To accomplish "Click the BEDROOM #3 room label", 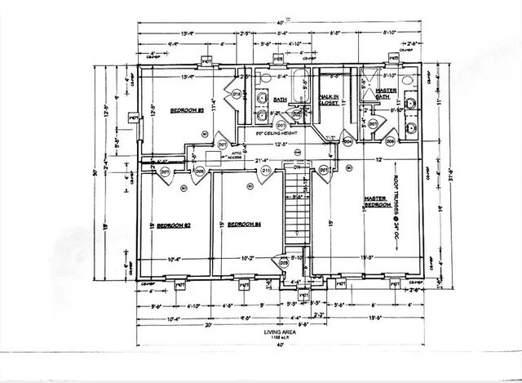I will (186, 109).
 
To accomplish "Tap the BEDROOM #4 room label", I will (243, 224).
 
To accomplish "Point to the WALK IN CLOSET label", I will (330, 100).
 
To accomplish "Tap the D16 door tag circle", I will (237, 95).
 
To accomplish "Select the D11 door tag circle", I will (265, 171).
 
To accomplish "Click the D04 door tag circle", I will (347, 140).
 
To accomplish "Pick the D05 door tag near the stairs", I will (284, 263).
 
